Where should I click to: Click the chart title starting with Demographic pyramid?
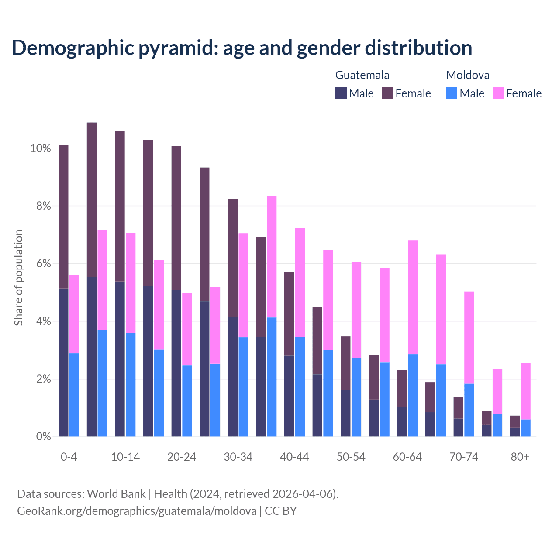click(x=242, y=48)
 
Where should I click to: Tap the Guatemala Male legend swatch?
click(x=341, y=93)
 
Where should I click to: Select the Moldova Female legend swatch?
click(x=498, y=93)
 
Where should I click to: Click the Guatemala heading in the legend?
click(x=362, y=75)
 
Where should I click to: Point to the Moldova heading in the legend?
click(x=468, y=75)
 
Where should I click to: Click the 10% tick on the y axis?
click(x=41, y=148)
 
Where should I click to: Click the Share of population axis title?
click(x=18, y=278)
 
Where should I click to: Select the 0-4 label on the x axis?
click(x=69, y=457)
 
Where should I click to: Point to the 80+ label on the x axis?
click(x=520, y=457)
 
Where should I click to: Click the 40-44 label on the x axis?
click(x=294, y=457)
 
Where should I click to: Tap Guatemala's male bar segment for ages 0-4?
click(x=64, y=362)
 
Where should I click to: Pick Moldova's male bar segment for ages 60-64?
click(x=413, y=395)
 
